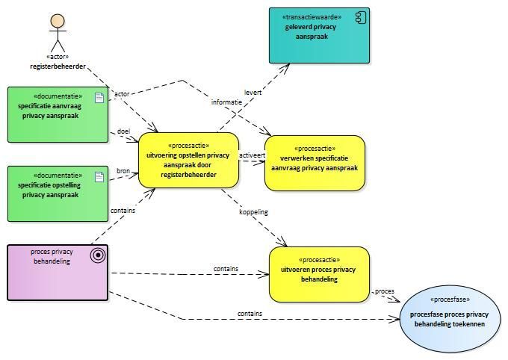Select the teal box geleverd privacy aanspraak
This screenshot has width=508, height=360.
point(320,35)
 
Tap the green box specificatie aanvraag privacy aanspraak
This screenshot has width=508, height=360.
point(58,114)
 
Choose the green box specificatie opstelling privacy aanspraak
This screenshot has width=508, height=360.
point(58,193)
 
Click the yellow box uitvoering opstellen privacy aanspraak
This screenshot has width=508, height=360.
point(188,161)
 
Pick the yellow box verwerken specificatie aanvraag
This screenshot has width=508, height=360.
point(315,163)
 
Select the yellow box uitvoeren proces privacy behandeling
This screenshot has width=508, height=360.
point(319,274)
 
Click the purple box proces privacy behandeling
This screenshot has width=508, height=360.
point(58,273)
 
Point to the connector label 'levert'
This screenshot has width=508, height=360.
point(253,92)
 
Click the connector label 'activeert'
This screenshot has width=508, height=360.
point(252,155)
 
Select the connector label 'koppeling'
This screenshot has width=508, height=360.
point(253,212)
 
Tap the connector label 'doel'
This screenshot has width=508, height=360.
point(123,131)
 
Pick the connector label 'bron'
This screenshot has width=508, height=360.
point(123,171)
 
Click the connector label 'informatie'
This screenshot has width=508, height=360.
point(226,102)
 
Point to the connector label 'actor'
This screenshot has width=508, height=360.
point(122,94)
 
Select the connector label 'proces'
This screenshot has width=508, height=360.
point(384,291)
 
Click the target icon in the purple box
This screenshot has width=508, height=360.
point(97,255)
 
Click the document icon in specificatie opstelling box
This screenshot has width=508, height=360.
point(99,176)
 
